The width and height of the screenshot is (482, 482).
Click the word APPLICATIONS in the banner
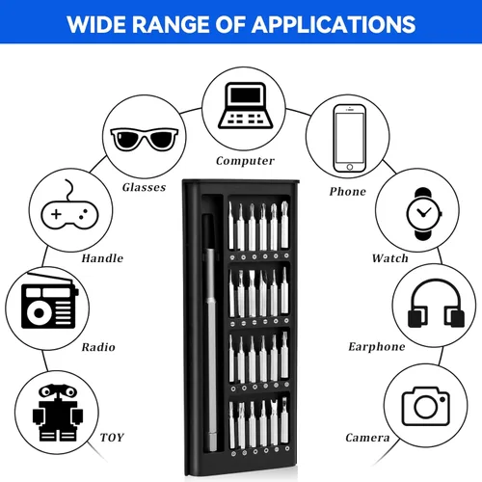pyautogui.click(x=334, y=24)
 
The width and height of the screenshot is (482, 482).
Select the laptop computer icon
pyautogui.click(x=245, y=105)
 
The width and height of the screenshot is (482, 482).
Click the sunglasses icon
pyautogui.click(x=145, y=139)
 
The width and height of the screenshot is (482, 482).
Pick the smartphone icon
pyautogui.click(x=349, y=139)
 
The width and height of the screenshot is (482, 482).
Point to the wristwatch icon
pyautogui.click(x=424, y=214)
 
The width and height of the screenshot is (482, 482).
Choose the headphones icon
pyautogui.click(x=436, y=304)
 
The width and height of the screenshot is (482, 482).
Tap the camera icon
pyautogui.click(x=426, y=406)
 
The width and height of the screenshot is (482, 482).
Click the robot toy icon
pyautogui.click(x=58, y=413)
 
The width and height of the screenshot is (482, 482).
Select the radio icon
pyautogui.click(x=49, y=301)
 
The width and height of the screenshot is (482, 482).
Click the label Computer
pyautogui.click(x=245, y=161)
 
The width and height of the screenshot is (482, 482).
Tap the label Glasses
pyautogui.click(x=144, y=187)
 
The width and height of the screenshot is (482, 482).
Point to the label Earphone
pyautogui.click(x=377, y=347)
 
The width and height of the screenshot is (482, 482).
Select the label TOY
pyautogui.click(x=112, y=438)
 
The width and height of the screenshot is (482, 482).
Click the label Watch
pyautogui.click(x=390, y=258)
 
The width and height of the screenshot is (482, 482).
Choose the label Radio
pyautogui.click(x=98, y=347)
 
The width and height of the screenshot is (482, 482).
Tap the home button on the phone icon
pyautogui.click(x=350, y=167)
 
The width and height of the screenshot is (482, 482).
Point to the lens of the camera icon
pyautogui.click(x=426, y=407)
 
